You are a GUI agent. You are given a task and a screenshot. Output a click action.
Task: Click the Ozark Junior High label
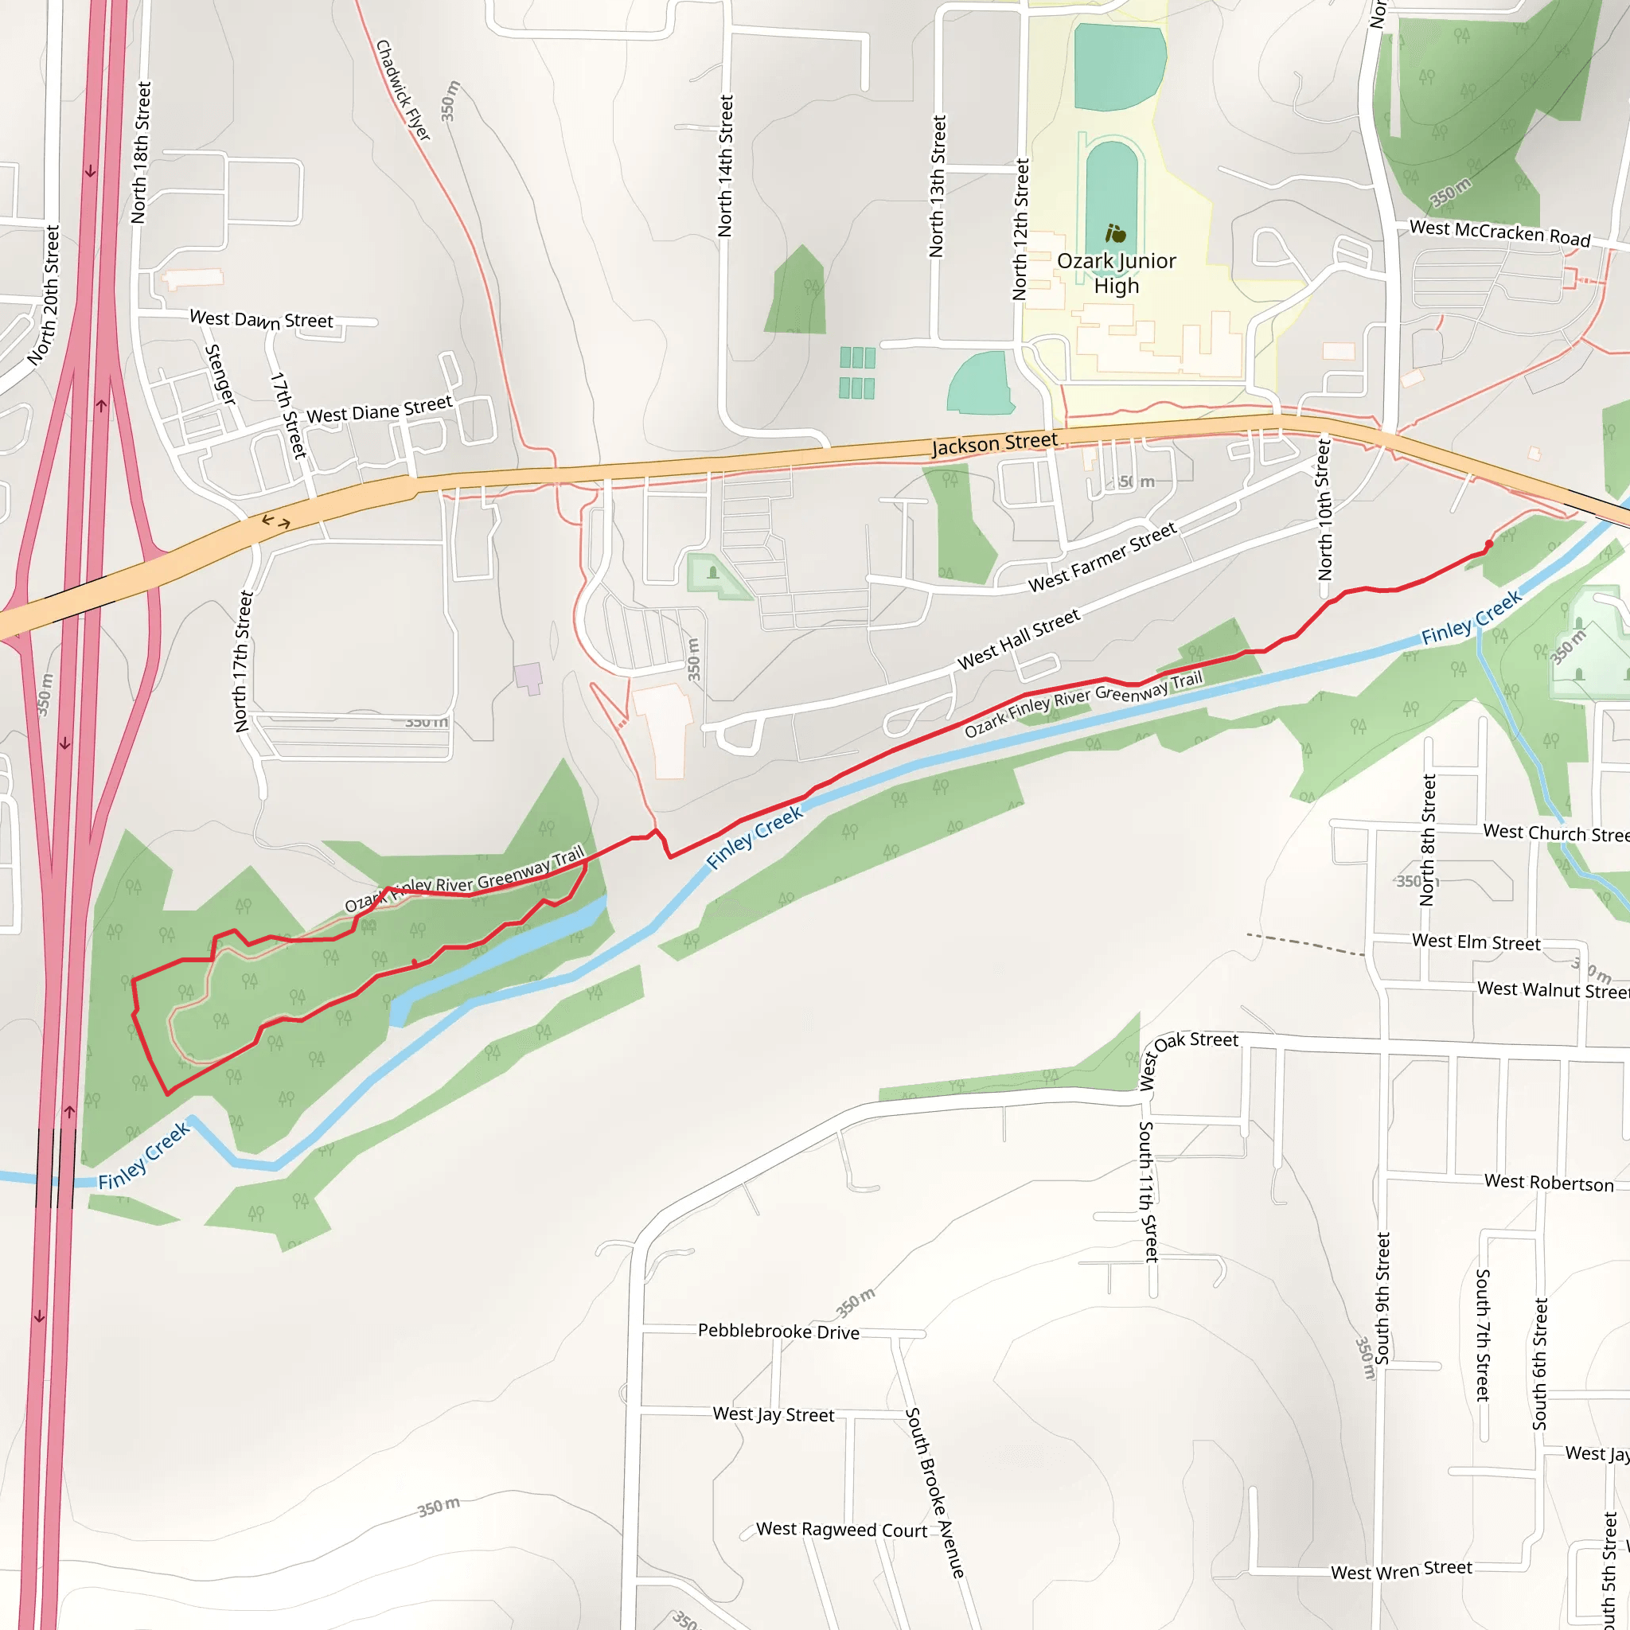pos(1116,273)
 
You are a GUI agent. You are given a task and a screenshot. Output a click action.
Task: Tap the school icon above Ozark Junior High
pos(1116,233)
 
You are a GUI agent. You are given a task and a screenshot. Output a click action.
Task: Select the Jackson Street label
pos(994,444)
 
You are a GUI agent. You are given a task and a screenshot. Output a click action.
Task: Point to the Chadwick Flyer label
pos(404,90)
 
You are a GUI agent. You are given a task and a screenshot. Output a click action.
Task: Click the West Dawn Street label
pos(262,320)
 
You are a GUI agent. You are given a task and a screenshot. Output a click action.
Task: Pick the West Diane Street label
pos(380,410)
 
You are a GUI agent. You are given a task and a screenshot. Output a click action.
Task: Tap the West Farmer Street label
pos(1102,558)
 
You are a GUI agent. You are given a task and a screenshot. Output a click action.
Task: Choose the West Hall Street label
pos(1018,640)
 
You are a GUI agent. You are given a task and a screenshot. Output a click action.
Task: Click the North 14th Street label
pos(725,166)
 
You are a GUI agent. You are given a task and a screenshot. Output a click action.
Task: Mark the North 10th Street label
pos(1324,509)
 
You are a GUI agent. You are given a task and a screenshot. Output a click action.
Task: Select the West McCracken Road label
pos(1500,233)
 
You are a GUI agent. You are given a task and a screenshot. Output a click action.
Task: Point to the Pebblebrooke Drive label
pos(778,1332)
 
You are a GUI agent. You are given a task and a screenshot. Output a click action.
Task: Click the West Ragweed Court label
pos(841,1530)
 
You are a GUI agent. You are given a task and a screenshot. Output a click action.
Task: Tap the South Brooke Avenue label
pos(934,1492)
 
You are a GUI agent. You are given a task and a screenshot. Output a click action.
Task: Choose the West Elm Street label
pos(1476,942)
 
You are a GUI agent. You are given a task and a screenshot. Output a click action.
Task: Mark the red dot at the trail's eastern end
pos(1488,545)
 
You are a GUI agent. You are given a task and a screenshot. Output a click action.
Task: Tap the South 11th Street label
pos(1148,1191)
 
